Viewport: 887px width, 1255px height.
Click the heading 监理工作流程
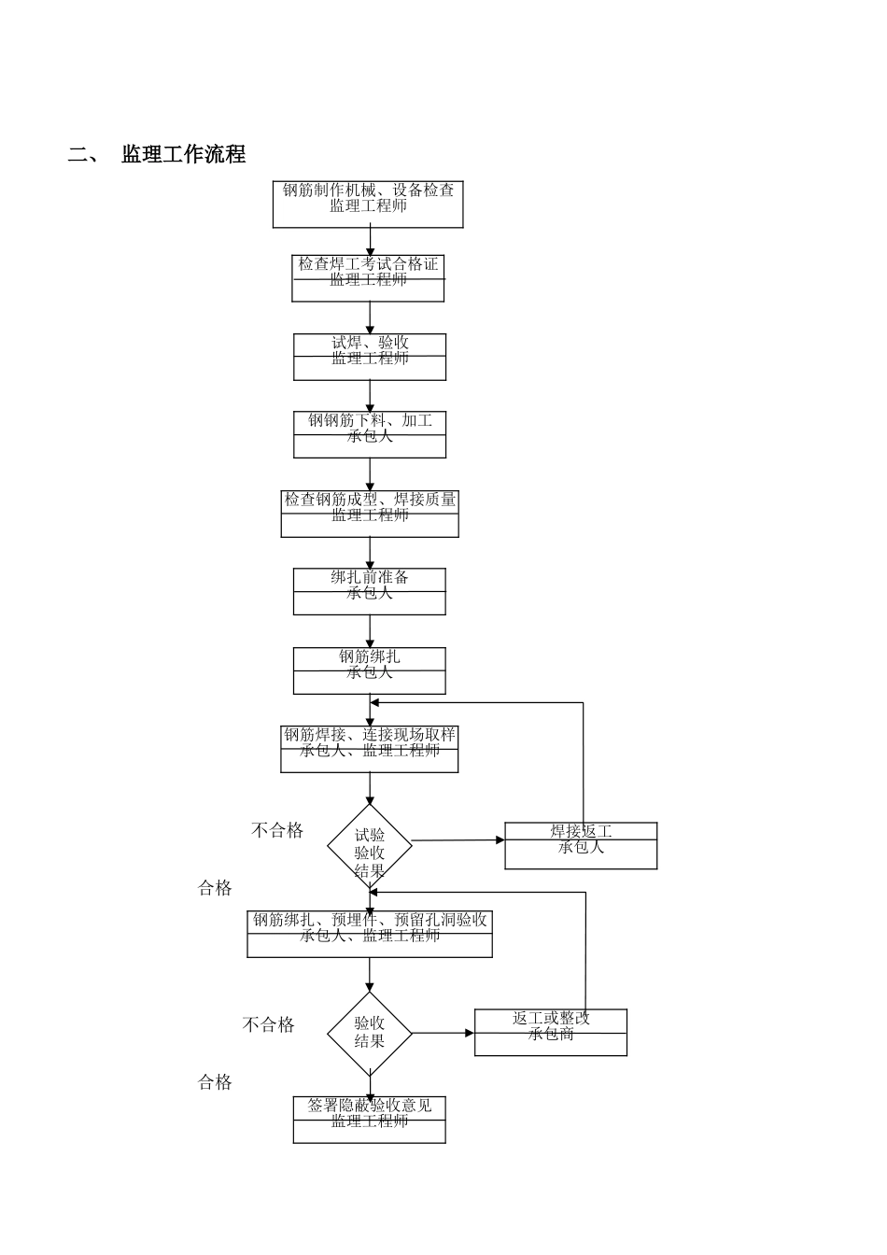(183, 155)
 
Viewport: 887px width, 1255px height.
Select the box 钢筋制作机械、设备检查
(368, 204)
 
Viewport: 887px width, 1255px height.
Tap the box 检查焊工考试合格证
(368, 278)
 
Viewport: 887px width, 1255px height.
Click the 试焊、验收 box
(370, 357)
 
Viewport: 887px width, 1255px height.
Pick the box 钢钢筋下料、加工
(370, 434)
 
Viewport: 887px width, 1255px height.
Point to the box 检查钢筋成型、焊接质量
(370, 514)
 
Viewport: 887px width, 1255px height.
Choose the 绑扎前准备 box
(370, 591)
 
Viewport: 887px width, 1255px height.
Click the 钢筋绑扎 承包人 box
(370, 670)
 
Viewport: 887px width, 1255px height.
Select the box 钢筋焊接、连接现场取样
(370, 749)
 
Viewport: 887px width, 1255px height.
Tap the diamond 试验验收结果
(370, 846)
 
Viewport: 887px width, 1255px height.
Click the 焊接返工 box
(581, 845)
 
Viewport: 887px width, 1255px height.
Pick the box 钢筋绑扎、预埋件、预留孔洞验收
(370, 934)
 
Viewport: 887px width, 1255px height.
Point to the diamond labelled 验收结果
(370, 1033)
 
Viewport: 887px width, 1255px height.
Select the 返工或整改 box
(551, 1032)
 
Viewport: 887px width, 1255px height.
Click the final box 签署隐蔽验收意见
(370, 1119)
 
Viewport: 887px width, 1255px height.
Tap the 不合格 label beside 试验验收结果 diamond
(277, 830)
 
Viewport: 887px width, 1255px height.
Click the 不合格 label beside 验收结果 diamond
(269, 1024)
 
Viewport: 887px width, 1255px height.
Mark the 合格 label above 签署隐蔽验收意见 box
(215, 1082)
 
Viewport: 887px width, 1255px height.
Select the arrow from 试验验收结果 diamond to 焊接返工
(458, 840)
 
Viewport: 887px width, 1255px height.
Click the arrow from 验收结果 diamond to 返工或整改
(443, 1033)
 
